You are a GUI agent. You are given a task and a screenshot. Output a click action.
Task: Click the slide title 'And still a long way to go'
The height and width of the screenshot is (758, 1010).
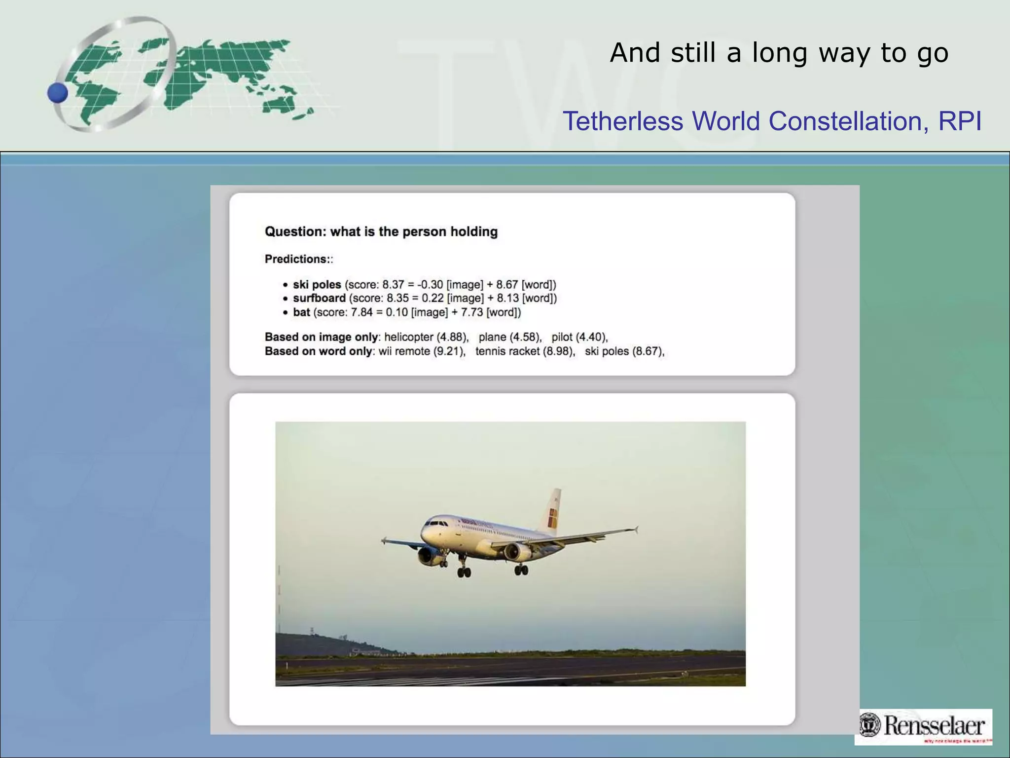(x=779, y=53)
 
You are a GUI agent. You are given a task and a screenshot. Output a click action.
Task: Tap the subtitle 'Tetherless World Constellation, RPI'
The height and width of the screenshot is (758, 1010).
(x=772, y=121)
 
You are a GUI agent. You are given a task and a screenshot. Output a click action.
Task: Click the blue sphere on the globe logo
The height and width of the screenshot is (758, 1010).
(x=58, y=93)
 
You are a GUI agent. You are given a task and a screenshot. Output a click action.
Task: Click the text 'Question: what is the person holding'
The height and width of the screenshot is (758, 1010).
(x=381, y=231)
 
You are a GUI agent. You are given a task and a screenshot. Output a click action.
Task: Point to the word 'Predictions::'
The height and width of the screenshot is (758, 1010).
(x=299, y=259)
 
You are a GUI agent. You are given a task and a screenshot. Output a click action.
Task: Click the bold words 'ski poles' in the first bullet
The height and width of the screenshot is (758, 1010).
(x=317, y=285)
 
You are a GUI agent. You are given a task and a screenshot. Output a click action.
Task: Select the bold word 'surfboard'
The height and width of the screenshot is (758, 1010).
(x=319, y=298)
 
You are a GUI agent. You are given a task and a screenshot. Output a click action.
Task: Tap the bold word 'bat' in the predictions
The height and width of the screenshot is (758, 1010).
(x=301, y=312)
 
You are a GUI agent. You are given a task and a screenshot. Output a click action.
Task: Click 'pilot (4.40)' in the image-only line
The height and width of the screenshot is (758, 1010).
(x=579, y=337)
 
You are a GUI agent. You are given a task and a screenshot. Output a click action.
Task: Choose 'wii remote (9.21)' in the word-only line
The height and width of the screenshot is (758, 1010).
(x=422, y=351)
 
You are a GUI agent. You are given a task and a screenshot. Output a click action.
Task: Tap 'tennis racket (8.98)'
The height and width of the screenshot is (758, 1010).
(x=525, y=351)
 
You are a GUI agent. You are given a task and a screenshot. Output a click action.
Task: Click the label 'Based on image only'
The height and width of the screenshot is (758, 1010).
(x=321, y=337)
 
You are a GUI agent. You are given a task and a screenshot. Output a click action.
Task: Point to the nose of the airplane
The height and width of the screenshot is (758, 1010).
(x=424, y=533)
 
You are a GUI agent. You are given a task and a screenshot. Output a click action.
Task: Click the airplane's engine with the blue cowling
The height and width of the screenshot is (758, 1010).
(x=428, y=556)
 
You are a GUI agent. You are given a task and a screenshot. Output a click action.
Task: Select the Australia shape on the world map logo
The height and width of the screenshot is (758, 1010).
(x=279, y=104)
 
